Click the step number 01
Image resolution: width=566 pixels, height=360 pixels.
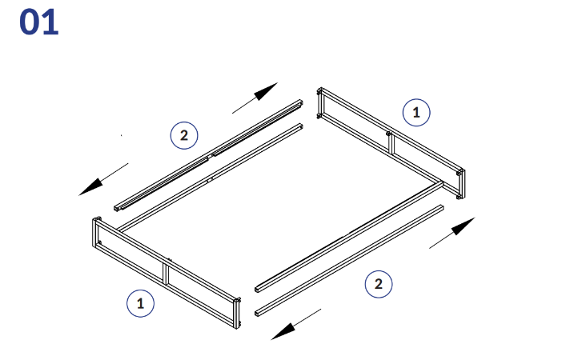(38, 22)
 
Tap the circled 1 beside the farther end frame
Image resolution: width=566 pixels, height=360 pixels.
(416, 113)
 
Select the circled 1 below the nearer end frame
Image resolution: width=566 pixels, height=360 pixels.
(140, 303)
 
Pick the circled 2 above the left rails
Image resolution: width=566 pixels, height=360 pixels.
(184, 136)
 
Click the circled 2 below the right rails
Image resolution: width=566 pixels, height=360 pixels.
(379, 284)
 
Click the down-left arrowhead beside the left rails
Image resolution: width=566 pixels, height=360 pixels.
(91, 187)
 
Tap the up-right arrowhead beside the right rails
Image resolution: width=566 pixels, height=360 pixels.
(463, 226)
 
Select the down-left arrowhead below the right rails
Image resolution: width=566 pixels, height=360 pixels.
(283, 331)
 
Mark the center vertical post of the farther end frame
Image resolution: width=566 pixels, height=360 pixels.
(391, 143)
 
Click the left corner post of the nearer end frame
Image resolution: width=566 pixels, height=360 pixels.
(95, 233)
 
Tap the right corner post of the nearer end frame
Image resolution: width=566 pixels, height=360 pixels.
(237, 313)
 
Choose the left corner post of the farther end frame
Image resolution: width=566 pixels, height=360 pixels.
(319, 103)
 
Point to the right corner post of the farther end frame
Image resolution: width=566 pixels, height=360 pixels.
(460, 184)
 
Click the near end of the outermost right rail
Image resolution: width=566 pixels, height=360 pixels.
(257, 313)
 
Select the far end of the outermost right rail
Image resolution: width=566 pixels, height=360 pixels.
(441, 207)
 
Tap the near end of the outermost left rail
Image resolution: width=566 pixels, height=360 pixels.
(116, 209)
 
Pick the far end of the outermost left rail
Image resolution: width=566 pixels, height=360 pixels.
(300, 102)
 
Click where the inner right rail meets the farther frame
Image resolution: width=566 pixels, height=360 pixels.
(441, 184)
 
